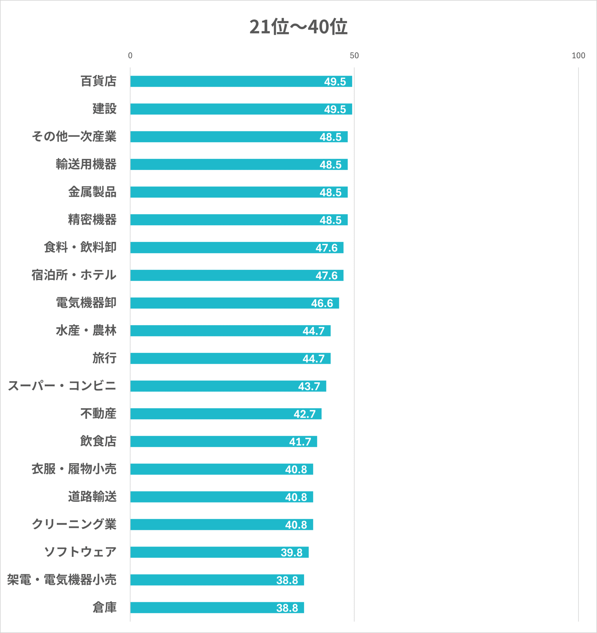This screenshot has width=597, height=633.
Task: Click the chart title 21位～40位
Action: coord(298,27)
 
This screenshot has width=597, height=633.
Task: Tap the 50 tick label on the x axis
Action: coord(354,56)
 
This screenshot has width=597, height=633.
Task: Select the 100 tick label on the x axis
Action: coord(578,56)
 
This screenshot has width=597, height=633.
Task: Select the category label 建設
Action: coord(104,109)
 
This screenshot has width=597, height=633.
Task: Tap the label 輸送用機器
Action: coord(86,164)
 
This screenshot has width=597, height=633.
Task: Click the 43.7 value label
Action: coord(309,386)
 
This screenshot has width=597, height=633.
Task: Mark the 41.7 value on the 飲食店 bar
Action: coord(300,442)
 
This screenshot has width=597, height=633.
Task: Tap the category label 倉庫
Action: coord(104,608)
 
